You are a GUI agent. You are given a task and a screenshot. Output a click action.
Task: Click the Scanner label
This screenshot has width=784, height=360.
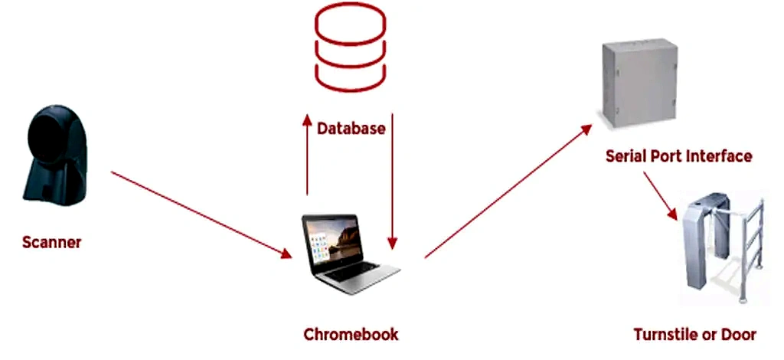pyautogui.click(x=51, y=243)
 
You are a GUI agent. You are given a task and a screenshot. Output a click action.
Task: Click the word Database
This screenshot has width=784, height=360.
pyautogui.click(x=351, y=128)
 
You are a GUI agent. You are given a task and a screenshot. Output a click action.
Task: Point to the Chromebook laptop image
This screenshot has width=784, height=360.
pyautogui.click(x=348, y=254)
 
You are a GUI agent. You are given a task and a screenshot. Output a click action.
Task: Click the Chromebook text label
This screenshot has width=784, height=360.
pyautogui.click(x=351, y=335)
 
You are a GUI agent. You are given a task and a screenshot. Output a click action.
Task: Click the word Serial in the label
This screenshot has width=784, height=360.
pyautogui.click(x=627, y=156)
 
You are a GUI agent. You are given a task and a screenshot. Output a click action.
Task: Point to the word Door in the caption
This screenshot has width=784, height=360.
pyautogui.click(x=739, y=335)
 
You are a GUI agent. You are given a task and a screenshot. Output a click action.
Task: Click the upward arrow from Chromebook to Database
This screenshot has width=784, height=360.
pyautogui.click(x=307, y=157)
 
